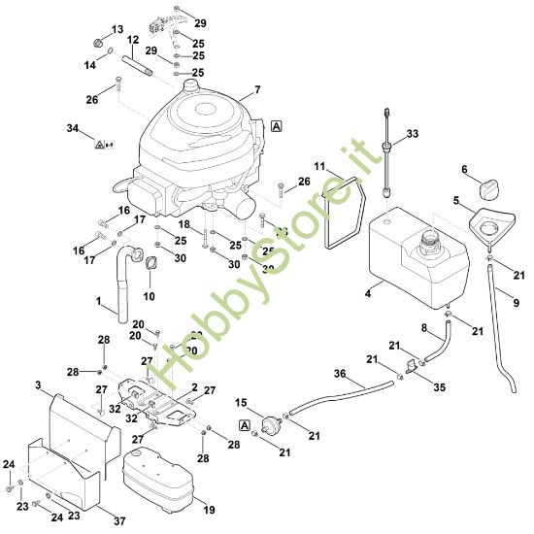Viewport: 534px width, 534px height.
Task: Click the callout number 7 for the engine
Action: click(x=257, y=90)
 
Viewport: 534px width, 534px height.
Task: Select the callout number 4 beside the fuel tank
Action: click(x=367, y=291)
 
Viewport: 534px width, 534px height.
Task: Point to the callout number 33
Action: click(x=413, y=133)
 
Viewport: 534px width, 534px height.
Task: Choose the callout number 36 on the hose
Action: click(x=339, y=375)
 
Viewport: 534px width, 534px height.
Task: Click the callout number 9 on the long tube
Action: click(x=516, y=303)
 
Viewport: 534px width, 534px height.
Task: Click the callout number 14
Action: click(x=89, y=65)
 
